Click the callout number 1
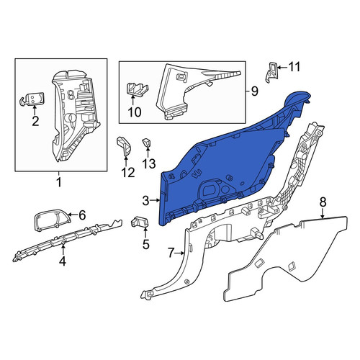59,182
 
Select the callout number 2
35,122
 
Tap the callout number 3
145,201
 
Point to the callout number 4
63,261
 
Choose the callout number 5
146,244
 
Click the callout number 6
82,215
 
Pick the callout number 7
171,253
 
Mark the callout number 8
323,202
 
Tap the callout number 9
254,91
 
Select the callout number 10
135,112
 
